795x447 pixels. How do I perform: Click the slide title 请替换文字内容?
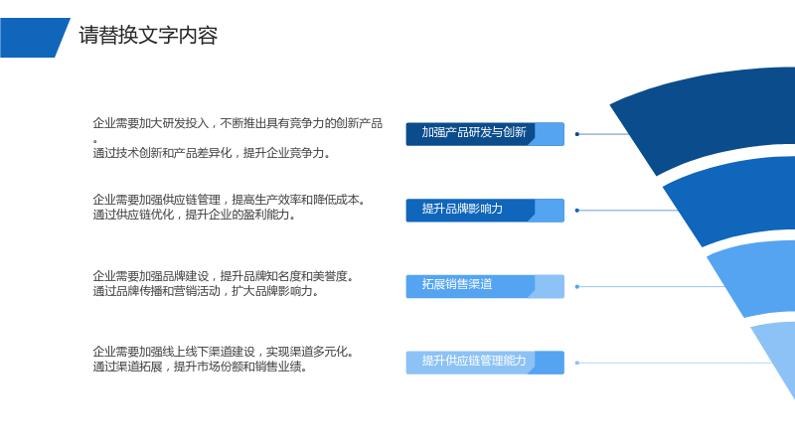pyautogui.click(x=148, y=36)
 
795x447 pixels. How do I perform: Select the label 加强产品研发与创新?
pyautogui.click(x=474, y=132)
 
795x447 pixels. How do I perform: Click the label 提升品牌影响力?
pyautogui.click(x=462, y=209)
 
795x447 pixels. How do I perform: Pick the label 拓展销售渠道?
pyautogui.click(x=457, y=284)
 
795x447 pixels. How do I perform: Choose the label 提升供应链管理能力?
pyautogui.click(x=474, y=361)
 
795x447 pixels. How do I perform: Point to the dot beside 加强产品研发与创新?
pyautogui.click(x=577, y=134)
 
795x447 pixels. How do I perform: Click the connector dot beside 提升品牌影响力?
pyautogui.click(x=577, y=211)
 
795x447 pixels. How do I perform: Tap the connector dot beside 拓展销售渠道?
pyautogui.click(x=577, y=287)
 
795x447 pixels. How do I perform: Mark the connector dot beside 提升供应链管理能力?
pyautogui.click(x=577, y=363)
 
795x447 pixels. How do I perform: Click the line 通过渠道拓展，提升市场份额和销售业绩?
pyautogui.click(x=201, y=367)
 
